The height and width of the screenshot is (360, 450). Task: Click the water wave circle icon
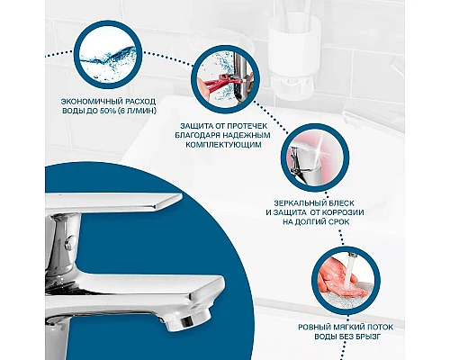pyautogui.click(x=108, y=56)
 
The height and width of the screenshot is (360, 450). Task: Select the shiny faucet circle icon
pyautogui.click(x=315, y=158)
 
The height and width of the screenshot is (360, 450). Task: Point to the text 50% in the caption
pyautogui.click(x=106, y=112)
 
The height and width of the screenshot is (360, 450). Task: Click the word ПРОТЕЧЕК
pyautogui.click(x=247, y=125)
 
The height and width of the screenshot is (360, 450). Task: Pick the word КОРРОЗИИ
pyautogui.click(x=343, y=212)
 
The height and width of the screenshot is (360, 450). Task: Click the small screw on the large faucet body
pyautogui.click(x=70, y=241)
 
